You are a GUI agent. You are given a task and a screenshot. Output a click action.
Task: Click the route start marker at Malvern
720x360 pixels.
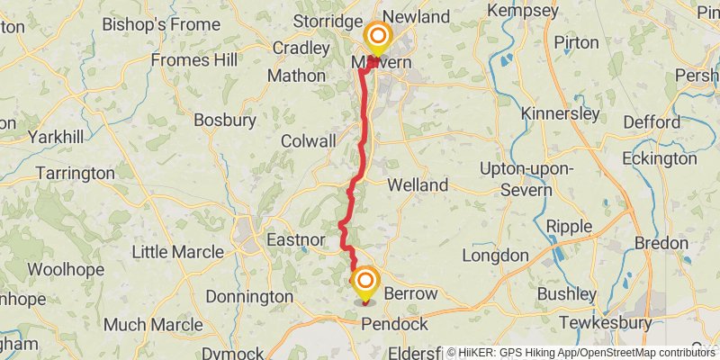(377, 39)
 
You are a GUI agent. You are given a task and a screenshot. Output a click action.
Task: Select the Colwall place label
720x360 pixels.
(309, 141)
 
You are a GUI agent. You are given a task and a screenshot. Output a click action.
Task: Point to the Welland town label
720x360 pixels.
(418, 184)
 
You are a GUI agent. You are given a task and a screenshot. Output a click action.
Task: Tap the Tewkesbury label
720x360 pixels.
(606, 322)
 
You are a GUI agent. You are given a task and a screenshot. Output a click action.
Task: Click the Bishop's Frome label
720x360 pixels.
(148, 23)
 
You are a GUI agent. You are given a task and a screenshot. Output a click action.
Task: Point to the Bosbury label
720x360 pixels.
(220, 119)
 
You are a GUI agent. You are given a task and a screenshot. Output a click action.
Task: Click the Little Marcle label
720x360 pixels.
(176, 251)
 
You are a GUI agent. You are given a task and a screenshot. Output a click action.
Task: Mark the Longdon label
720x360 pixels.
(495, 256)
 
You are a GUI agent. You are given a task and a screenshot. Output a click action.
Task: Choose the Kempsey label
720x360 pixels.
(524, 11)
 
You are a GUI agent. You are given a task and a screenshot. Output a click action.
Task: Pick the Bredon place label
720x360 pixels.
(662, 244)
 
